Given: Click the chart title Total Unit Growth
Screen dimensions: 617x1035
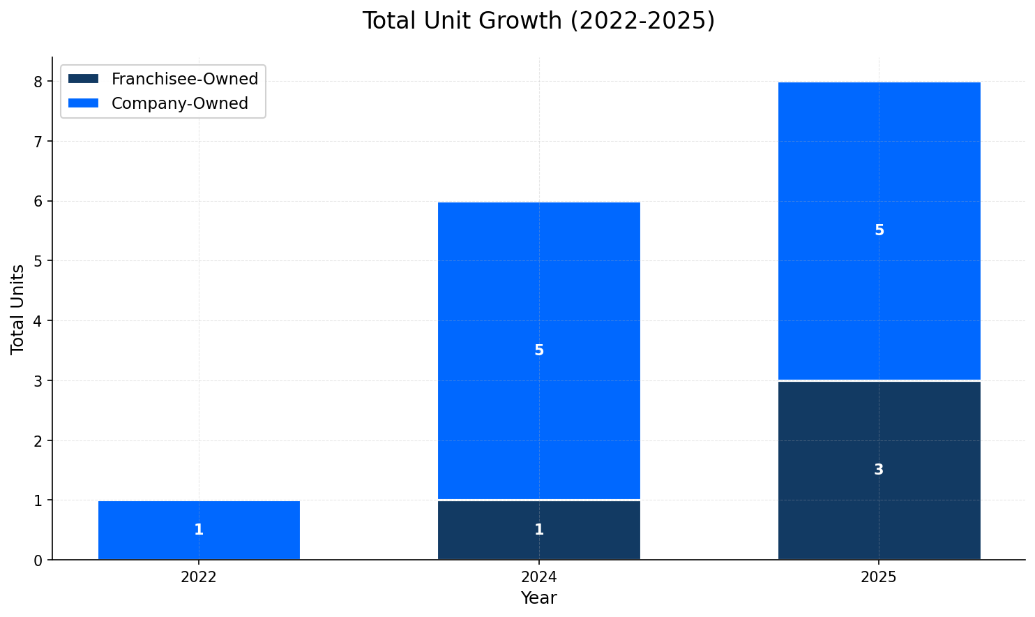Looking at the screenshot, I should [x=538, y=21].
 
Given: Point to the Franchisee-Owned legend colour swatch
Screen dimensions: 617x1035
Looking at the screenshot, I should [x=84, y=79].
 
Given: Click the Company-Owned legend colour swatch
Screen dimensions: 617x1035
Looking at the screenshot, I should [x=84, y=103].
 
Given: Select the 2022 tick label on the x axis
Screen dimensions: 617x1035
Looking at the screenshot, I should [x=199, y=578].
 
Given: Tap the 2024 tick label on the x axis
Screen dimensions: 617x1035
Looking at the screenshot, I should [x=538, y=578].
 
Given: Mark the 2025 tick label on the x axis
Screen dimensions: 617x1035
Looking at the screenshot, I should [x=879, y=578].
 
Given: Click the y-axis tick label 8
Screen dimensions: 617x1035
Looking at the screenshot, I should [x=38, y=82].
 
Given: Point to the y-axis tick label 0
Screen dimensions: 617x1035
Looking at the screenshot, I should [x=38, y=560].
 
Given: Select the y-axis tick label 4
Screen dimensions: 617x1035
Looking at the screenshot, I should [x=38, y=321].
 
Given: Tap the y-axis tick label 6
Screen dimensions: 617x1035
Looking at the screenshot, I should [x=38, y=202].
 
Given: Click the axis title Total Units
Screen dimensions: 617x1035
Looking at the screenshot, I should [x=18, y=309].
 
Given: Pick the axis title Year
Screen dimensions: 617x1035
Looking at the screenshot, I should [x=538, y=599].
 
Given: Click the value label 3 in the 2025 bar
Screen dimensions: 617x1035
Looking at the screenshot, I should [x=879, y=470].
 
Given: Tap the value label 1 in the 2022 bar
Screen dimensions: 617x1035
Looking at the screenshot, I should [x=199, y=530].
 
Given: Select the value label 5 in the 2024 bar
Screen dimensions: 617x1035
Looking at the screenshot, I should [x=538, y=350].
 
